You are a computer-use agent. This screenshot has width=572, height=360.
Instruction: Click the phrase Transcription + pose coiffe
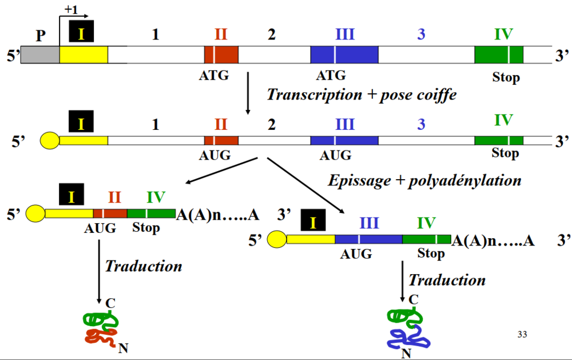coord(362,94)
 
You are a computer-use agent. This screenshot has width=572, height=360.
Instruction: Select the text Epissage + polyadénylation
coord(424,180)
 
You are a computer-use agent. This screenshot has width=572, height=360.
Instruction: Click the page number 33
coord(522,334)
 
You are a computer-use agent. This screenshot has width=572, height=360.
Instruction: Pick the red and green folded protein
coord(101,329)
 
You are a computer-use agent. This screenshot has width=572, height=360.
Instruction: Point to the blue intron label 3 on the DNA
coord(421,34)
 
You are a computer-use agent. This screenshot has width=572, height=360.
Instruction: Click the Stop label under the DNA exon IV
coord(506,77)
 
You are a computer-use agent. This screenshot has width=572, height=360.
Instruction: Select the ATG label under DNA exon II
coord(214,74)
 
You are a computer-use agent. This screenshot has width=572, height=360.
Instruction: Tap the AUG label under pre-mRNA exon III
coord(335,155)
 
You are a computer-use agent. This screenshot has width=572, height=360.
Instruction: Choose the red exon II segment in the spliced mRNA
coord(110,213)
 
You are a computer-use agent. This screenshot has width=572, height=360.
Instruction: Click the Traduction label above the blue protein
coord(447,280)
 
